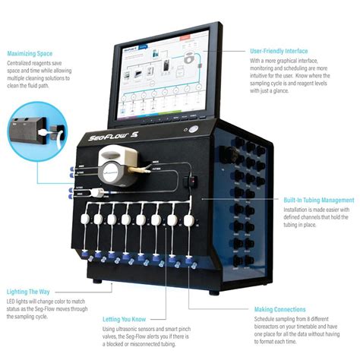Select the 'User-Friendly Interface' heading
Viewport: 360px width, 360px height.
pos(279,51)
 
